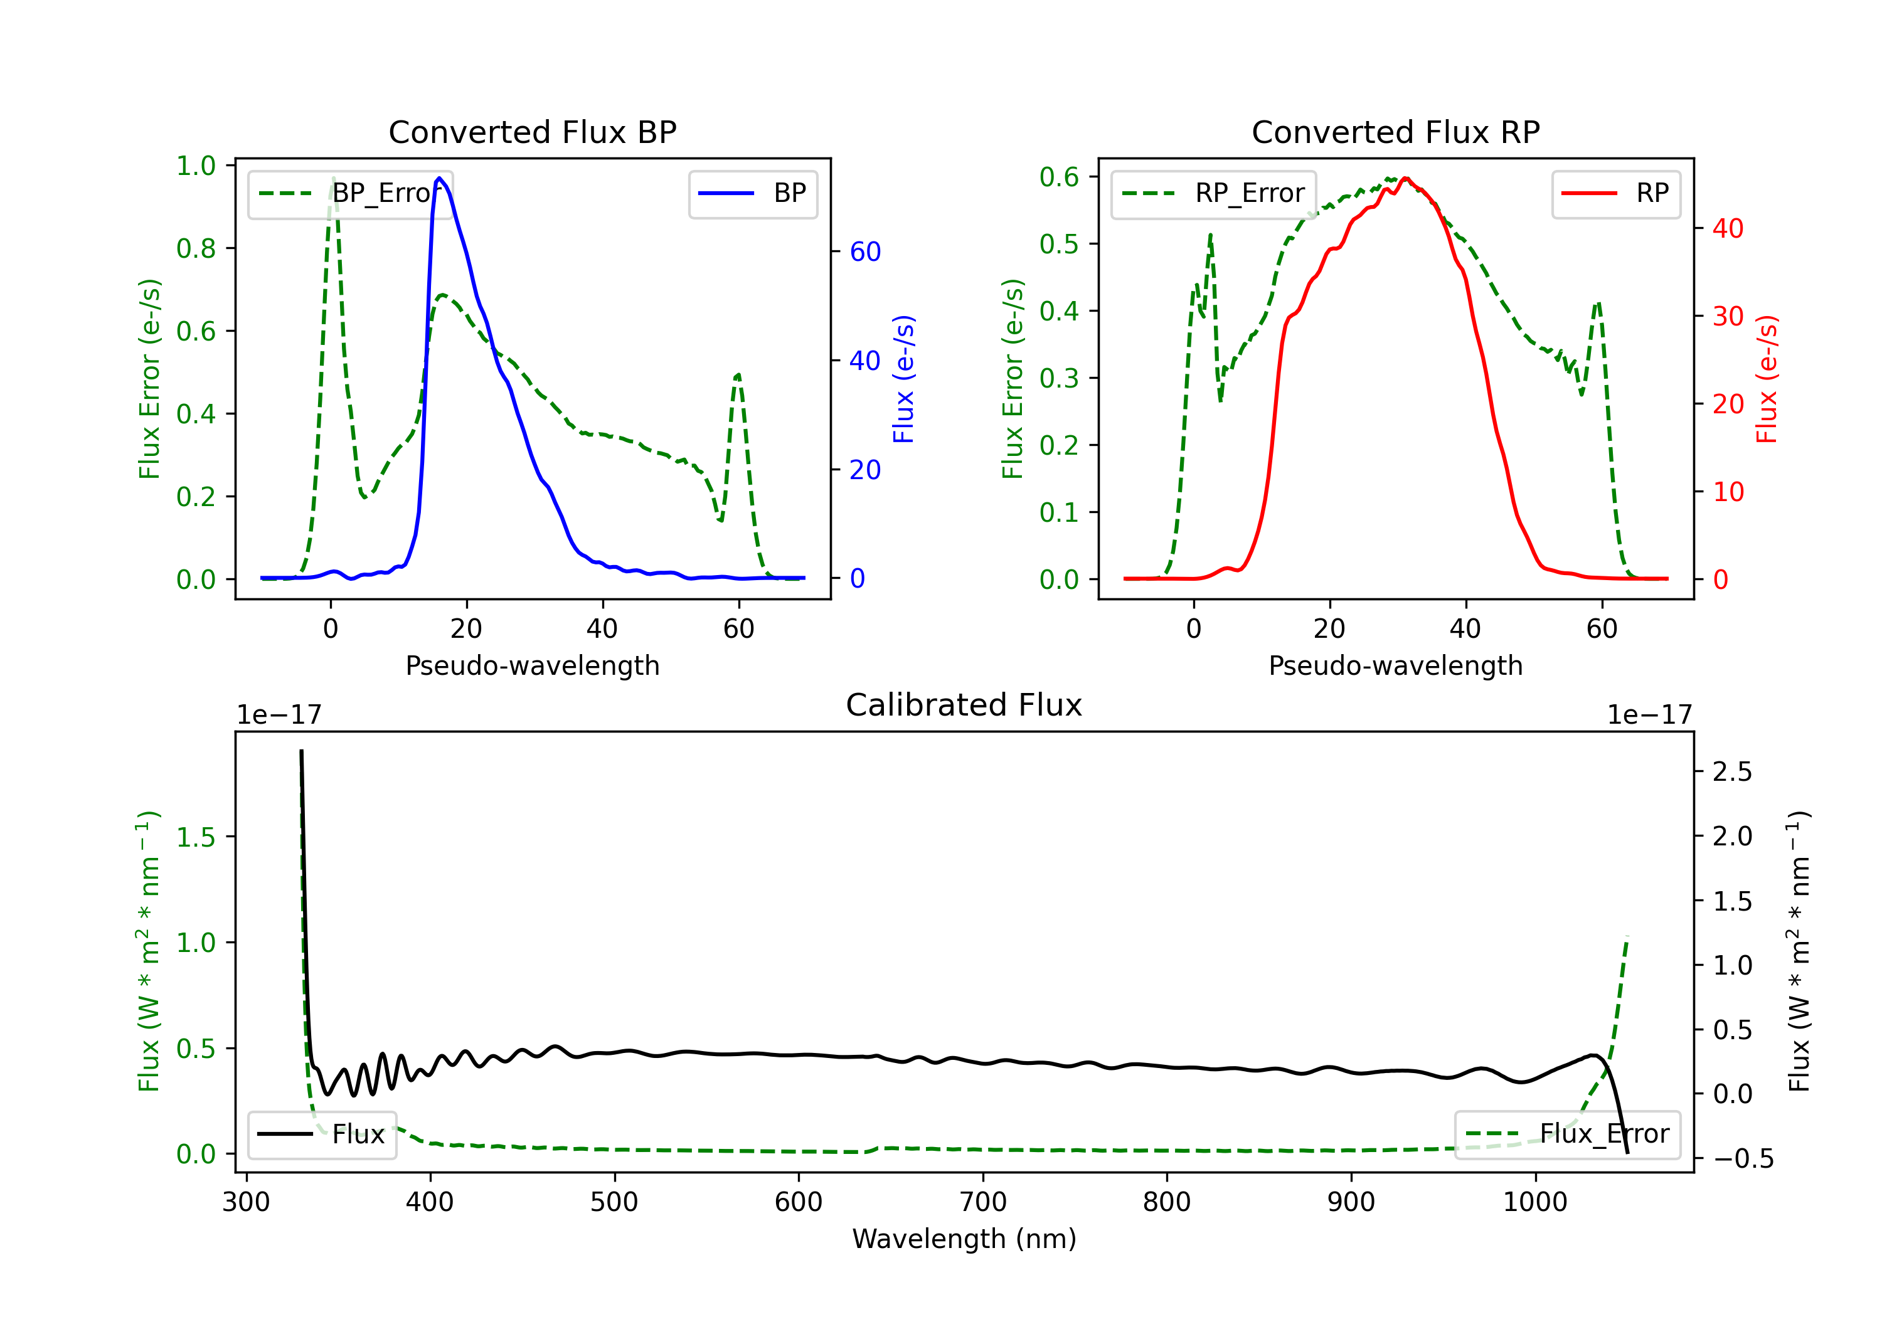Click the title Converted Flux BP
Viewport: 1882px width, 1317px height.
click(532, 132)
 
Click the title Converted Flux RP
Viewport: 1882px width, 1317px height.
click(1395, 132)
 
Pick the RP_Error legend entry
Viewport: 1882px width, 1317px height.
click(1213, 193)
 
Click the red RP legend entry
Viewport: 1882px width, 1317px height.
click(1615, 193)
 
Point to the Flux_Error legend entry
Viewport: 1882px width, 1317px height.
click(1567, 1135)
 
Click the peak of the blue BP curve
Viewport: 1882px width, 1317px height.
click(439, 178)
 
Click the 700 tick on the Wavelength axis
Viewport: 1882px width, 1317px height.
click(983, 1202)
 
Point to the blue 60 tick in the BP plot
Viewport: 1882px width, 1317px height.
click(864, 251)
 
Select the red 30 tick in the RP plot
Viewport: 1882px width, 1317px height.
click(1727, 316)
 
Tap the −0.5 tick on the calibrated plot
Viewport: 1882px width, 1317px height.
click(1743, 1159)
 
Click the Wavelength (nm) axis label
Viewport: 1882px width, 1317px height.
click(964, 1239)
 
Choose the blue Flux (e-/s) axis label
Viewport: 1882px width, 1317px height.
click(903, 379)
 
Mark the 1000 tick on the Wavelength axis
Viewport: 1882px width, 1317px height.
click(1535, 1202)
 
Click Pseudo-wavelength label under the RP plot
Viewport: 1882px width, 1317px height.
click(1395, 665)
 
